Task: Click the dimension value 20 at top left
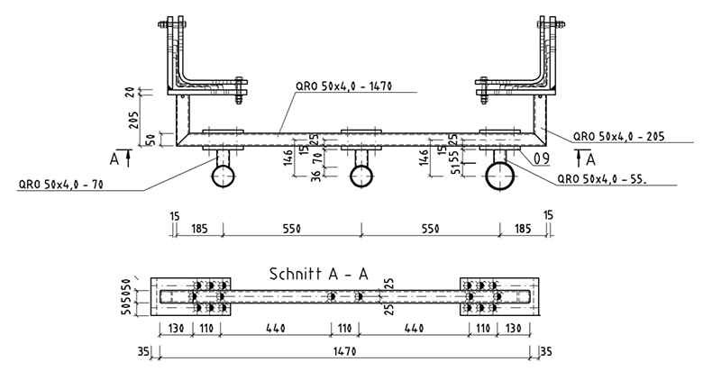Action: tap(132, 92)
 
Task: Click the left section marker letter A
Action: tap(114, 158)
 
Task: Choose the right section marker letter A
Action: tap(590, 158)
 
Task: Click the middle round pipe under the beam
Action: tap(361, 176)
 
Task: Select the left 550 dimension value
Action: tap(291, 230)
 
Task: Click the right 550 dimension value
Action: tap(431, 230)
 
